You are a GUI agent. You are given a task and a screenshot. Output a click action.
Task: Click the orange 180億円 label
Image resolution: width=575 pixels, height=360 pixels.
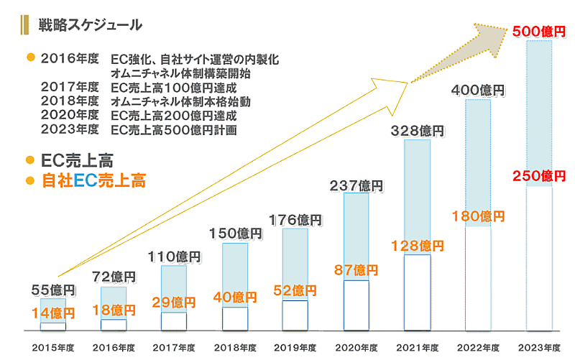point(478,216)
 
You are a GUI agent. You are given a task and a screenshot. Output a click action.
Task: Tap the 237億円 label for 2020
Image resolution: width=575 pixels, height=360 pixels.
point(356,186)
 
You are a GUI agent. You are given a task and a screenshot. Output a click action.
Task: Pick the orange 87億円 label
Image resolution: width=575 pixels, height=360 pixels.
point(356,270)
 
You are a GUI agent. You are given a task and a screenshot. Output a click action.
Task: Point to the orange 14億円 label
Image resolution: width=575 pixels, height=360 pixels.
point(52,313)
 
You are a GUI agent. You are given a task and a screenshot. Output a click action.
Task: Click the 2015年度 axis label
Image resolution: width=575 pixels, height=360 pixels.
point(52,347)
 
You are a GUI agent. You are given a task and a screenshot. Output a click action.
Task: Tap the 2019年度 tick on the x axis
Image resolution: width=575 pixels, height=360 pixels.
point(295,347)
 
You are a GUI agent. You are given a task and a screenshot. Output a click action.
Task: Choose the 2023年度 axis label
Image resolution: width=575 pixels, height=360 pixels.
point(540,347)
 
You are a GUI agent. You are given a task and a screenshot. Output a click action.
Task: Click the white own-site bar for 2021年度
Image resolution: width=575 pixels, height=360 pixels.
point(418,292)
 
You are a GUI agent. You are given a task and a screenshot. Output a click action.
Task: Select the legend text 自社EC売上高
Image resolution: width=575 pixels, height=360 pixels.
point(93,181)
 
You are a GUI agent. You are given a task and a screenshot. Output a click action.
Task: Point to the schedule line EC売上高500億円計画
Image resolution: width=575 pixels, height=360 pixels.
point(175,130)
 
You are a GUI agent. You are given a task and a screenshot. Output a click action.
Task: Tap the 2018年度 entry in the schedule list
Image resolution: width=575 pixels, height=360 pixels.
point(70,101)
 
